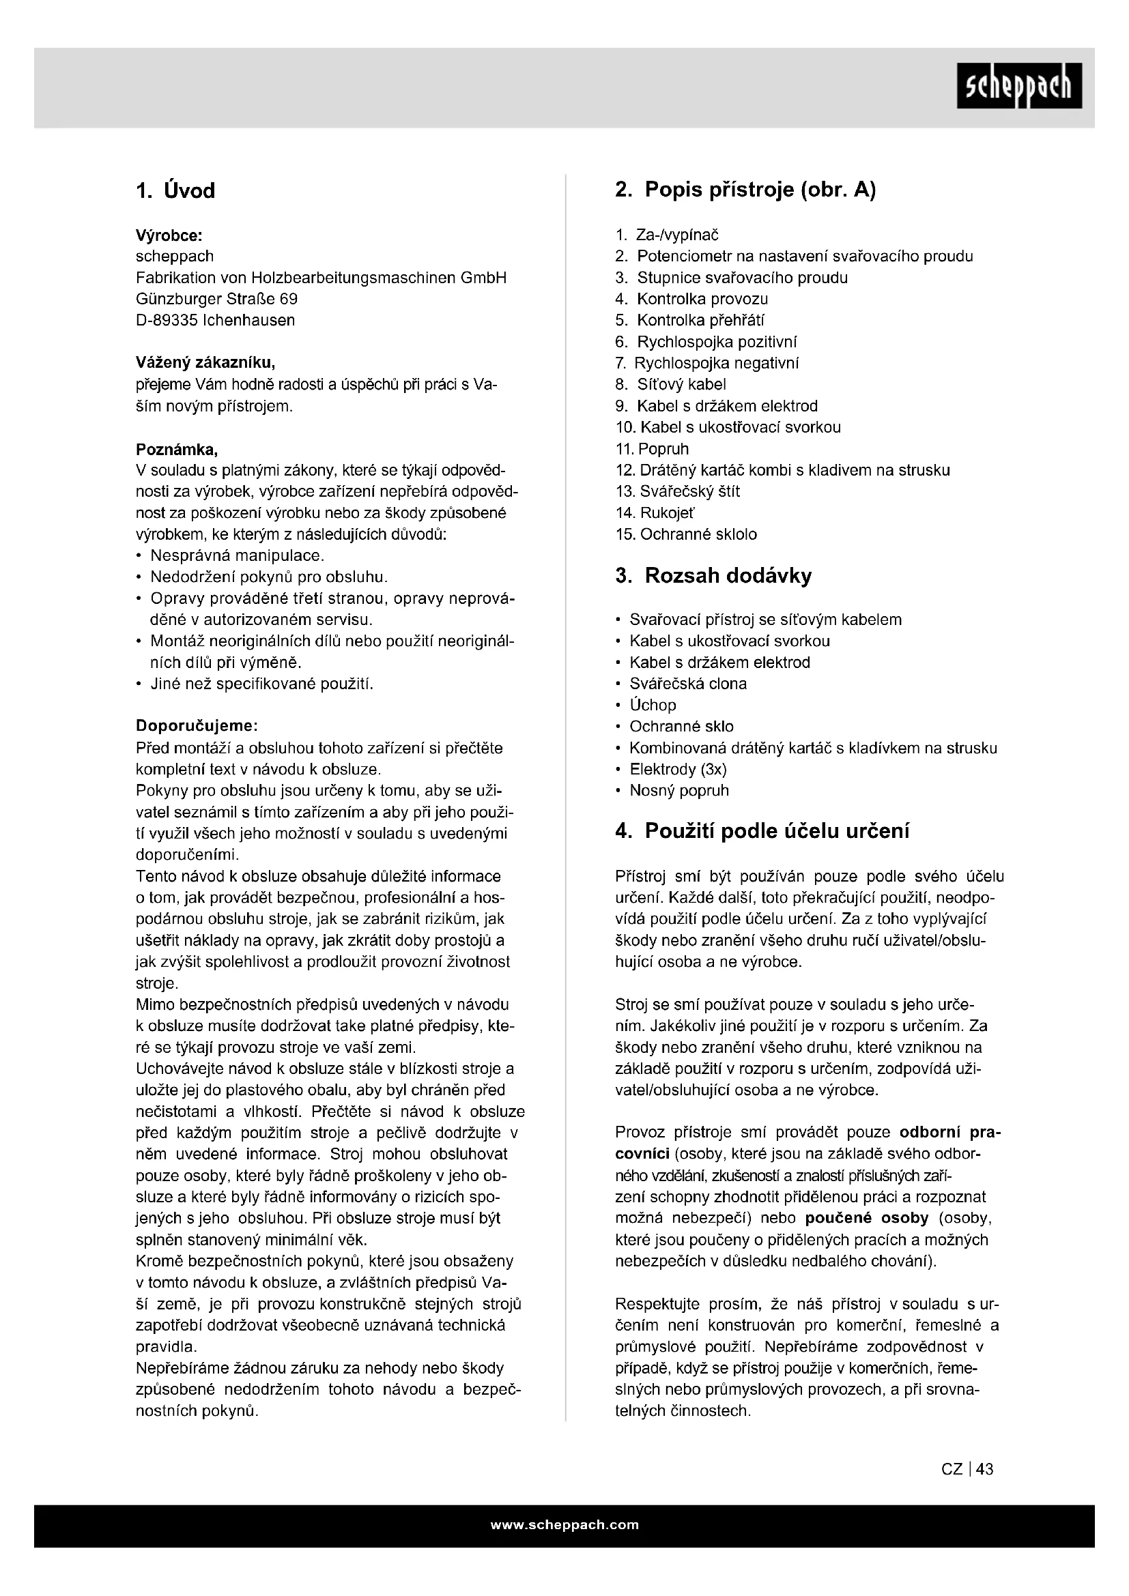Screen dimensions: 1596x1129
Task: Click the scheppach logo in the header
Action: click(1018, 85)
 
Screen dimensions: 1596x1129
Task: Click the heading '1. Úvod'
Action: click(175, 190)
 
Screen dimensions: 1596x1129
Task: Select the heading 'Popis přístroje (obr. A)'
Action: click(760, 189)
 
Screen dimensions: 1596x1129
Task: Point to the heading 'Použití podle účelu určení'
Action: click(777, 830)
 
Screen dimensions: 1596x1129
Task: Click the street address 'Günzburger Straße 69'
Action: click(216, 299)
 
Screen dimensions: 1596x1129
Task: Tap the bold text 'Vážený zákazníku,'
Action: click(205, 363)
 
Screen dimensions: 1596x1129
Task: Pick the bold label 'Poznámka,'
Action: click(177, 449)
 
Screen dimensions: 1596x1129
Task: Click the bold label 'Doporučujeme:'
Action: click(197, 727)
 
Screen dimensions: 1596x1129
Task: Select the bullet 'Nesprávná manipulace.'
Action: click(237, 556)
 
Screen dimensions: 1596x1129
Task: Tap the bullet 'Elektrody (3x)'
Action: click(678, 770)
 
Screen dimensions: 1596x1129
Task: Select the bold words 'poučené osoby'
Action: click(867, 1219)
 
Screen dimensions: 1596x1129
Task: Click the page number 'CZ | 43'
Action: click(967, 1469)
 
